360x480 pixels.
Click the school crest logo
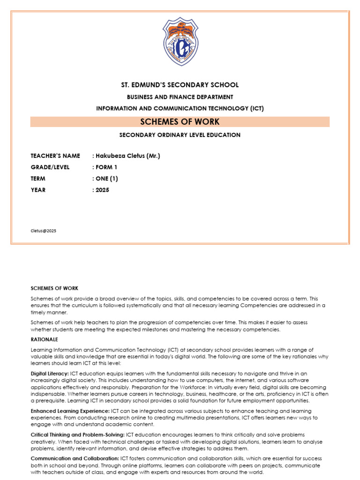(x=180, y=42)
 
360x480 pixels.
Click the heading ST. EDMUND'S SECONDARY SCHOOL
(x=180, y=85)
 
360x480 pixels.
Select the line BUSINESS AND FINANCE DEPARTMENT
(x=180, y=97)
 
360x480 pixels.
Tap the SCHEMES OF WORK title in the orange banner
(x=180, y=122)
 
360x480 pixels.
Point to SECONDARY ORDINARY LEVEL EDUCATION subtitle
(x=180, y=135)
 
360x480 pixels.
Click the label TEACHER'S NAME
(x=55, y=156)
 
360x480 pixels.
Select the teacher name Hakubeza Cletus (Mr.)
(x=127, y=156)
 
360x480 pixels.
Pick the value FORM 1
(x=107, y=167)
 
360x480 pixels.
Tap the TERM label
(x=39, y=179)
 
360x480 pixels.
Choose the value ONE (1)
(x=108, y=179)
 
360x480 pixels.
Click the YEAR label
(x=38, y=190)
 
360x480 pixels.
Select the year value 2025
(x=101, y=190)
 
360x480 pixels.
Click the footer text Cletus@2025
(x=43, y=231)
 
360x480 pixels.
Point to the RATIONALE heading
(x=45, y=339)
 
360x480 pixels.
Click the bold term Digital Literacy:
(x=50, y=373)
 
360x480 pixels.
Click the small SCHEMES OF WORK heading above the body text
(x=54, y=288)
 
